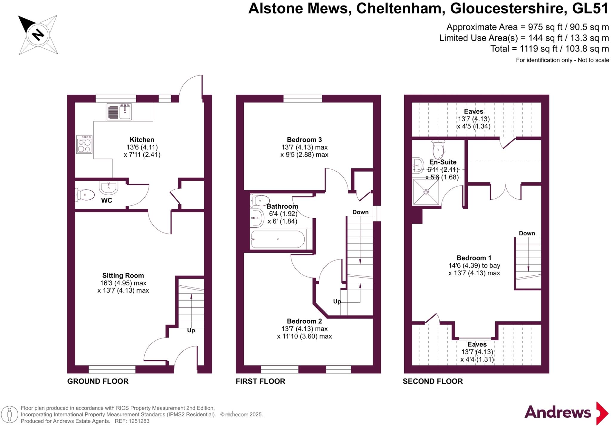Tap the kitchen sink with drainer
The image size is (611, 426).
tap(119, 112)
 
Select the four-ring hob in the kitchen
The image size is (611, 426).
tap(84, 144)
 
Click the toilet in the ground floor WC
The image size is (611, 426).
tap(85, 195)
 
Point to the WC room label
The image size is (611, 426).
tap(107, 200)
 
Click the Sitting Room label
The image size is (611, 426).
tap(123, 276)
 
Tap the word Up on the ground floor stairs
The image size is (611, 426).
tap(191, 330)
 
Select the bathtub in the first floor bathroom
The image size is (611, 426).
tap(278, 239)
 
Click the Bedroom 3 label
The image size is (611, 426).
tap(304, 140)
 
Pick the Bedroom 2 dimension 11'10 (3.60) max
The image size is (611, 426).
tap(304, 336)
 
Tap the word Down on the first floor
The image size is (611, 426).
tap(360, 212)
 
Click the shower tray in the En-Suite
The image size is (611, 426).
tap(426, 192)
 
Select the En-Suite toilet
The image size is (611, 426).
tap(438, 150)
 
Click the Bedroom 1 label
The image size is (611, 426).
tap(474, 258)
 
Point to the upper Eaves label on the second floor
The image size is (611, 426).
tap(473, 111)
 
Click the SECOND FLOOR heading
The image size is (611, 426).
tap(433, 381)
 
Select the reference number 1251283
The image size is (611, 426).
tap(139, 421)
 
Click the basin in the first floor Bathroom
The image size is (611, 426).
tap(257, 218)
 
